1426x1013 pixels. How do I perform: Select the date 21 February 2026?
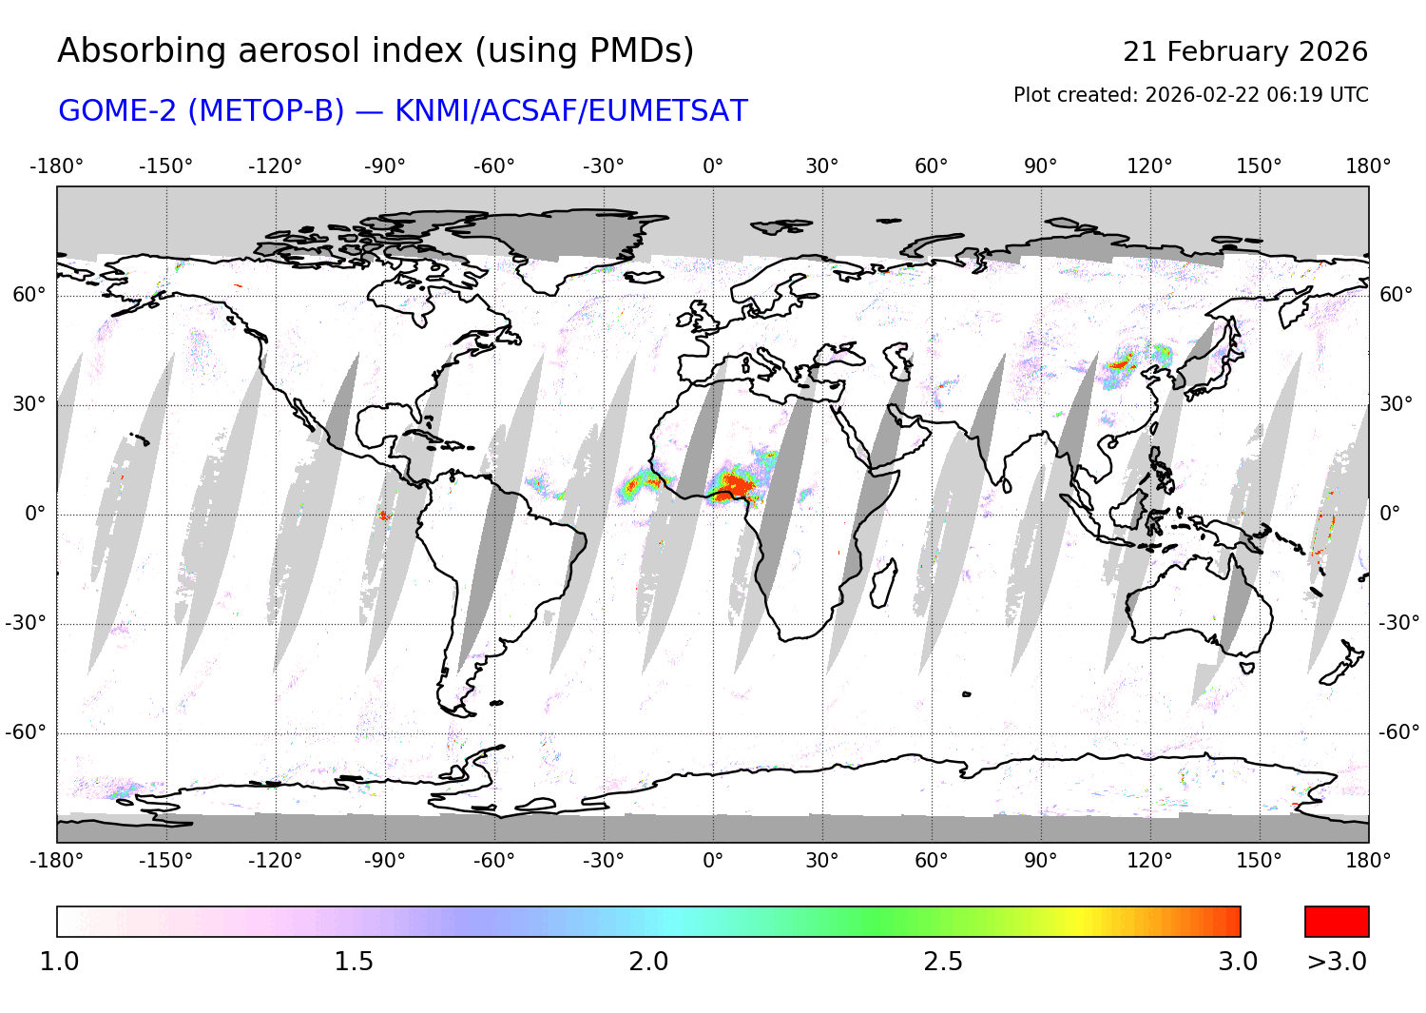pyautogui.click(x=1244, y=51)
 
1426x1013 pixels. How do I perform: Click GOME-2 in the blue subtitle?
pyautogui.click(x=118, y=111)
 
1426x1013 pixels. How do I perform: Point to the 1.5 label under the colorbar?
pyautogui.click(x=353, y=962)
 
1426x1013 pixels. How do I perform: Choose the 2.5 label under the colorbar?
pyautogui.click(x=942, y=962)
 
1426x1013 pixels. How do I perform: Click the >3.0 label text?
pyautogui.click(x=1337, y=962)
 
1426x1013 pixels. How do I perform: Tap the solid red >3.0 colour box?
pyautogui.click(x=1337, y=922)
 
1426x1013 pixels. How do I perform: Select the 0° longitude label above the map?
pyautogui.click(x=713, y=166)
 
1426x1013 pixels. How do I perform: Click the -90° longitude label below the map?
pyautogui.click(x=384, y=861)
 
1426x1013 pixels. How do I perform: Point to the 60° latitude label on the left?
pyautogui.click(x=29, y=295)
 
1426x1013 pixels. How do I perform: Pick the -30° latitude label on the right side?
pyautogui.click(x=1398, y=623)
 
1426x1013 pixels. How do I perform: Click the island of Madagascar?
pyautogui.click(x=883, y=583)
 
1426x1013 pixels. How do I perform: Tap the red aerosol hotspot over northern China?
pyautogui.click(x=1123, y=362)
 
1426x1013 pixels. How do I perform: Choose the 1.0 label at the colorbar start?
pyautogui.click(x=59, y=962)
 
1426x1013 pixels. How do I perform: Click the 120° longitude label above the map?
pyautogui.click(x=1149, y=166)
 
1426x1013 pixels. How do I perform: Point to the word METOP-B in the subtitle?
pyautogui.click(x=266, y=111)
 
